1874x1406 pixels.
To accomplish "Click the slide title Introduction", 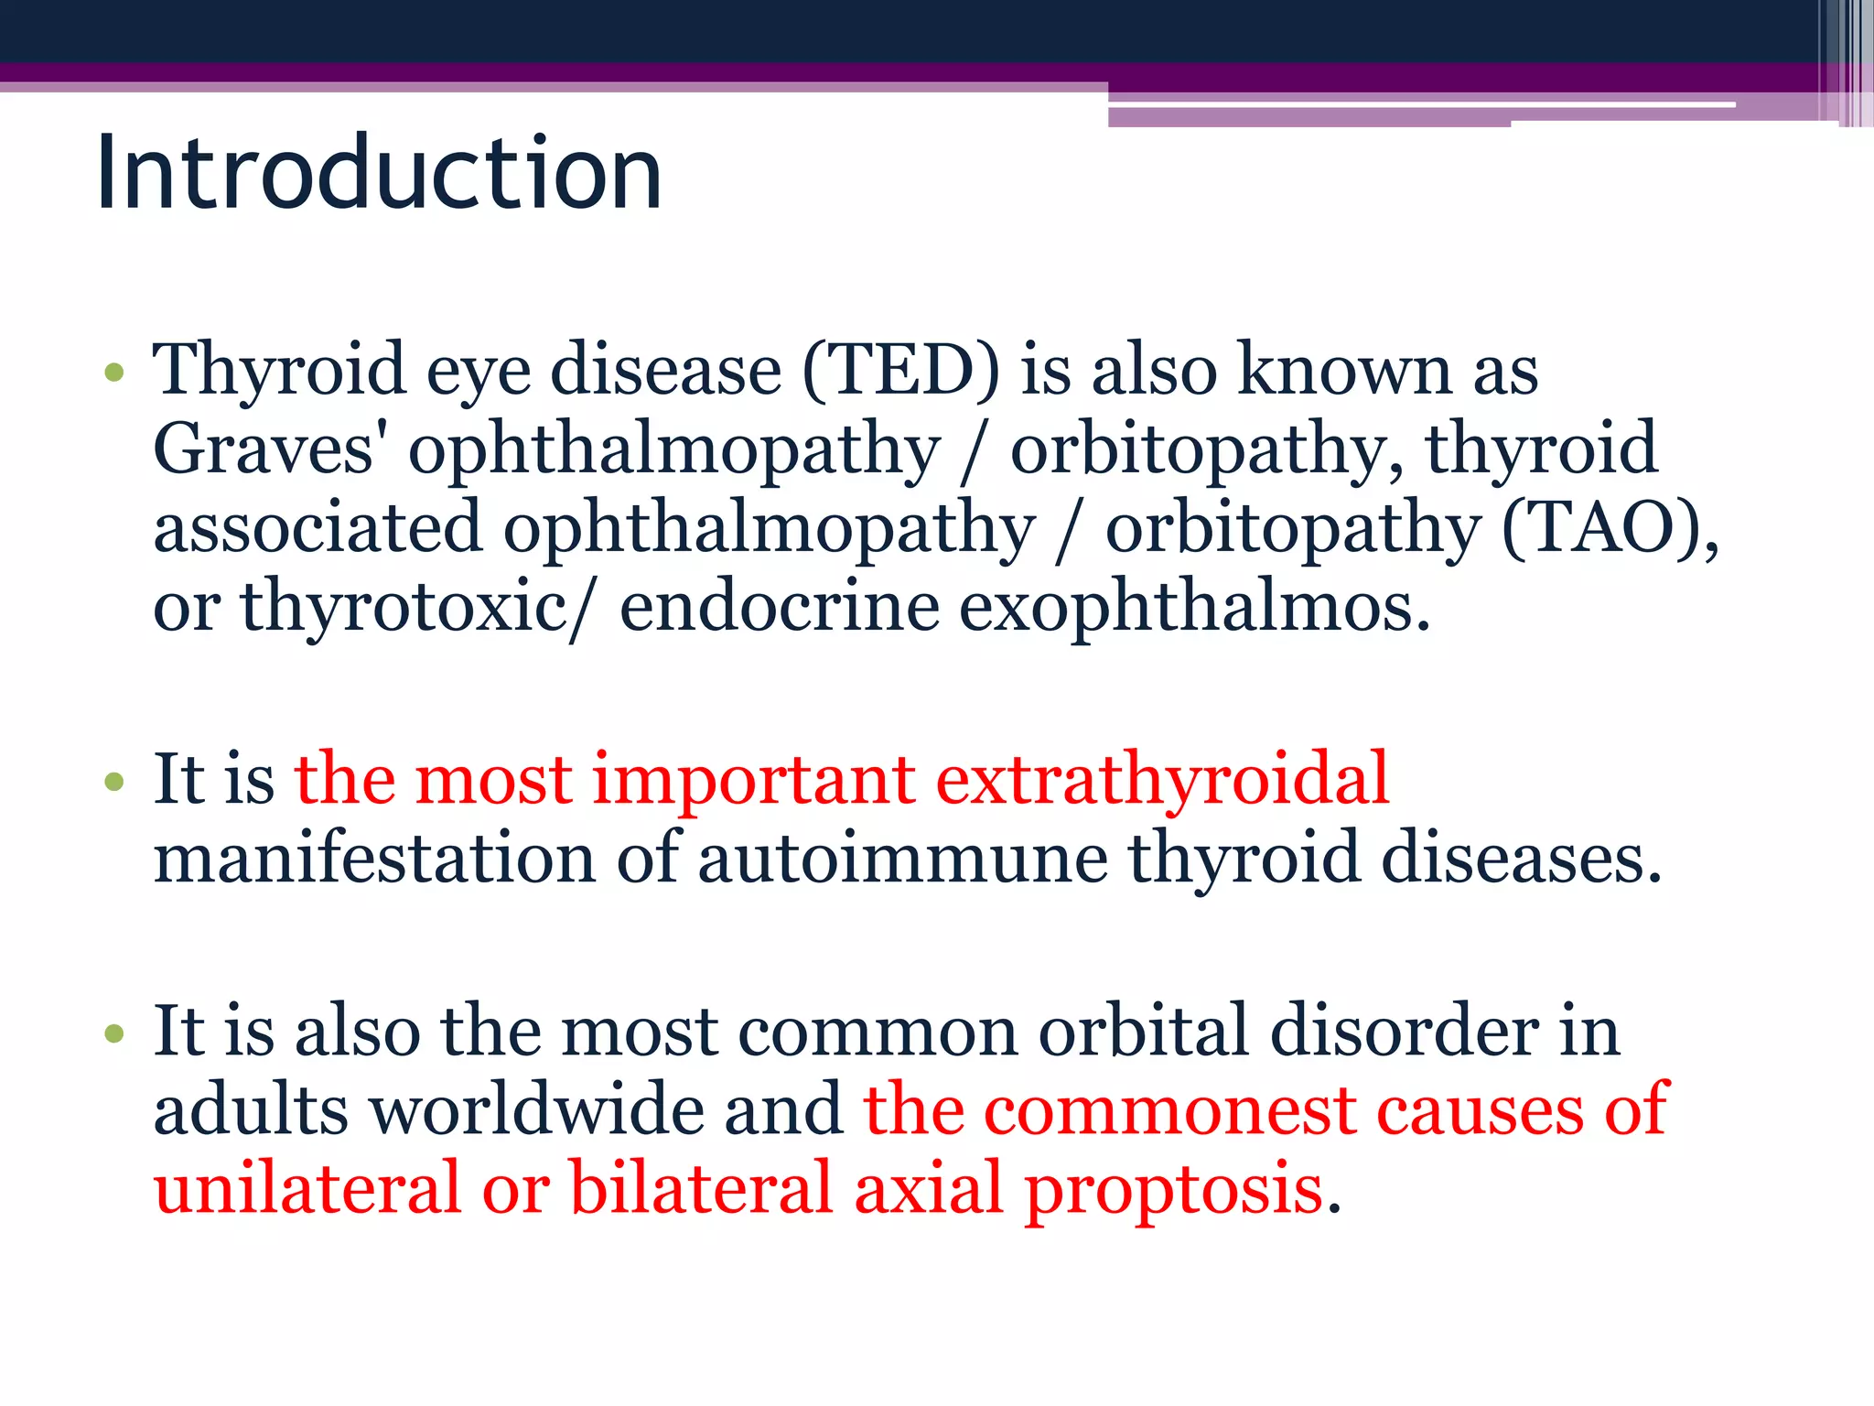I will [x=378, y=173].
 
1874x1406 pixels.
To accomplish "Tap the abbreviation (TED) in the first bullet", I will [x=901, y=370].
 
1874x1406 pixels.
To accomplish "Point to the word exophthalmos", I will [x=1194, y=607].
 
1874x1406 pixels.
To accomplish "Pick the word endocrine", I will [x=780, y=607].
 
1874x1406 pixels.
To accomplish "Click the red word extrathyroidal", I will [x=1162, y=779].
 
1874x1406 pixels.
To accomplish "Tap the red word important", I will [x=754, y=779].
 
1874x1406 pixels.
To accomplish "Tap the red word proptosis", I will [x=1174, y=1188].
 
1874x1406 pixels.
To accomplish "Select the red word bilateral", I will [x=701, y=1188].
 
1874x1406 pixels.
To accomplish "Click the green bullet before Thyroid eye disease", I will [x=114, y=373].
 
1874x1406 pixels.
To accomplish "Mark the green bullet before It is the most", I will [x=114, y=782].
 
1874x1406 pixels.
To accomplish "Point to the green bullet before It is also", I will [x=114, y=1033].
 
